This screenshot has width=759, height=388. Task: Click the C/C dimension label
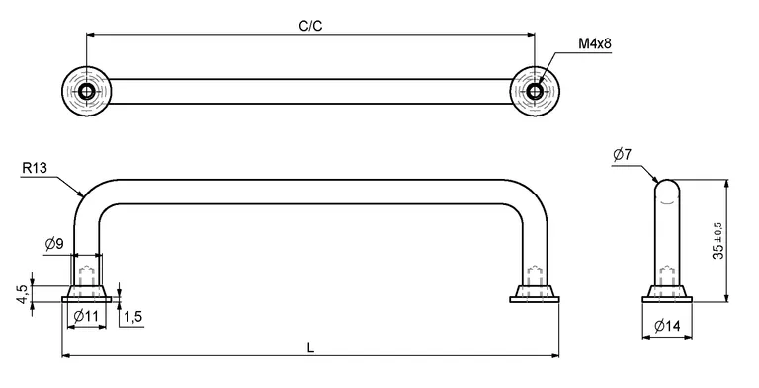click(x=310, y=27)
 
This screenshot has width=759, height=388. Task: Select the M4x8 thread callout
click(x=595, y=45)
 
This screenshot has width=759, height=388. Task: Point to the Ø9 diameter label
click(x=55, y=244)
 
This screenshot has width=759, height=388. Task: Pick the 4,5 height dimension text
click(x=21, y=294)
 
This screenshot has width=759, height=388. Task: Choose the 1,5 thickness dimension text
click(x=134, y=316)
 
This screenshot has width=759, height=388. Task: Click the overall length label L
click(x=311, y=347)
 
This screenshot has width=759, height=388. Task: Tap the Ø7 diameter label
click(x=622, y=154)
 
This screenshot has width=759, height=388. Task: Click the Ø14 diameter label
click(x=667, y=326)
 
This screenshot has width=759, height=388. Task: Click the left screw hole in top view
click(x=87, y=92)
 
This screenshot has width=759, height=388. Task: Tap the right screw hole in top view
click(x=535, y=92)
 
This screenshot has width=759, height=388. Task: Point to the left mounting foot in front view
click(x=87, y=293)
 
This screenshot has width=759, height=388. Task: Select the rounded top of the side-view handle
click(x=667, y=187)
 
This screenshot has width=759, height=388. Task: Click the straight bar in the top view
click(x=310, y=92)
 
